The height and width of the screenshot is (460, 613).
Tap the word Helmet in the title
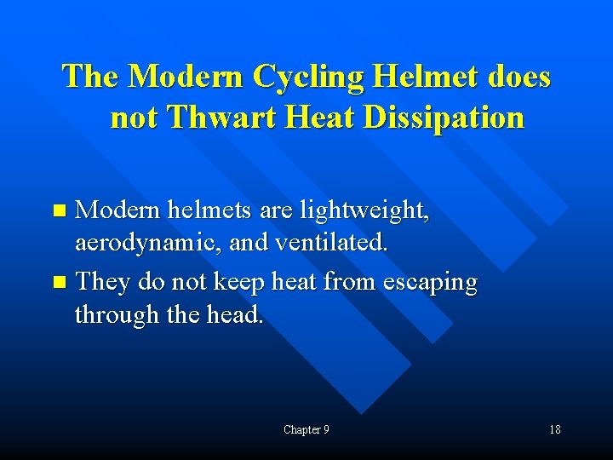click(423, 78)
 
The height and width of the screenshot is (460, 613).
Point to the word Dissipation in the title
click(444, 118)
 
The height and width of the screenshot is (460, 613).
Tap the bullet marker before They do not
click(58, 280)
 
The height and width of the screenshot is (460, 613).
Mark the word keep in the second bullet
click(240, 280)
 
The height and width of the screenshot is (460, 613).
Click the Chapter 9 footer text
click(306, 430)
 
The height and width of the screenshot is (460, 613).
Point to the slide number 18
click(554, 430)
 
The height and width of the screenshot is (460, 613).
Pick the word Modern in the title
click(184, 78)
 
